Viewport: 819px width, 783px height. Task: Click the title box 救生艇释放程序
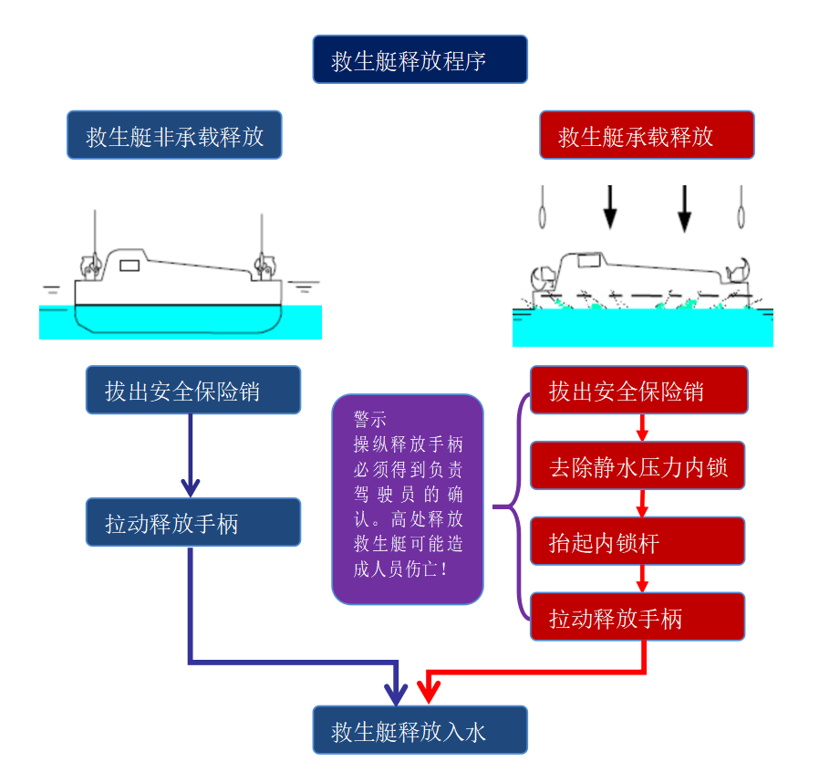pyautogui.click(x=420, y=60)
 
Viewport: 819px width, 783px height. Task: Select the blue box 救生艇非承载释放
pyautogui.click(x=174, y=136)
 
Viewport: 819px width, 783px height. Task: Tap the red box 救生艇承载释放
pyautogui.click(x=647, y=136)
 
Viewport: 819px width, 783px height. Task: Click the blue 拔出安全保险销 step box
pyautogui.click(x=193, y=391)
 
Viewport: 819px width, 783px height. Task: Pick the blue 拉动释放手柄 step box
pyautogui.click(x=193, y=523)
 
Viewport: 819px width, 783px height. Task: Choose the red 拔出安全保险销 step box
pyautogui.click(x=638, y=391)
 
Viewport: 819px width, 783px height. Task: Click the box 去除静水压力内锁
pyautogui.click(x=638, y=466)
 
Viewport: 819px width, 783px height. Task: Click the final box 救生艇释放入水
pyautogui.click(x=420, y=730)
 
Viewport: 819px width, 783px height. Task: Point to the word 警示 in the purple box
pyautogui.click(x=370, y=420)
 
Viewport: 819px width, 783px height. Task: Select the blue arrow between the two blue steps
pyautogui.click(x=191, y=456)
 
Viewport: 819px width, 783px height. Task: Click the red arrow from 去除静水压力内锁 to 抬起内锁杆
pyautogui.click(x=642, y=504)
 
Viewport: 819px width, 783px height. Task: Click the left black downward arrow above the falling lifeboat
pyautogui.click(x=609, y=207)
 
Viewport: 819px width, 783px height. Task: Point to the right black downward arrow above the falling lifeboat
pyautogui.click(x=684, y=209)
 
